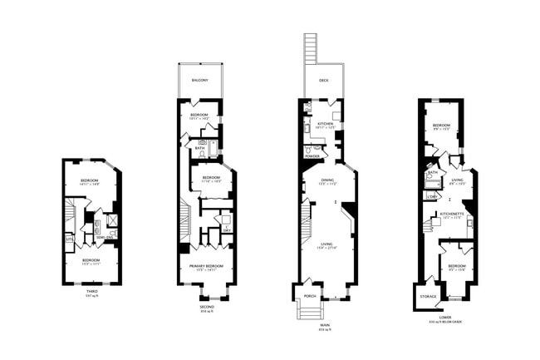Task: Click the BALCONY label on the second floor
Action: (199, 80)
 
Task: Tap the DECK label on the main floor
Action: (323, 81)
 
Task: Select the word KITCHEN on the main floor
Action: (325, 123)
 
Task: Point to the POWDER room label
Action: (312, 155)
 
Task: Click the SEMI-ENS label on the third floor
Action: (105, 237)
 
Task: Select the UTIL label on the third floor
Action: (69, 239)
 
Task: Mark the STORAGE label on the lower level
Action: (428, 295)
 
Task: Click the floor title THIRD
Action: (92, 291)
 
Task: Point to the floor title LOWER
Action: (445, 317)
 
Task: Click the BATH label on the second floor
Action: (200, 149)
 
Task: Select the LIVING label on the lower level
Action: (457, 179)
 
